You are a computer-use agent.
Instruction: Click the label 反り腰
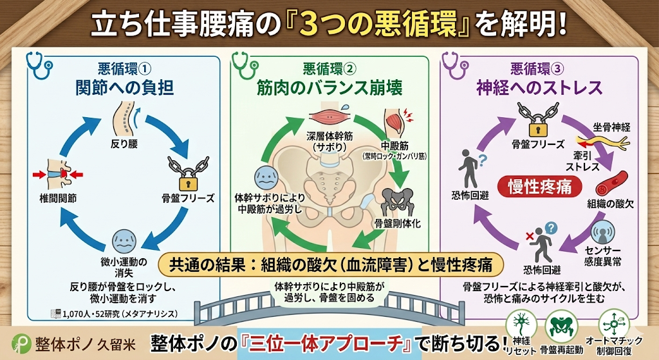(125, 144)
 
